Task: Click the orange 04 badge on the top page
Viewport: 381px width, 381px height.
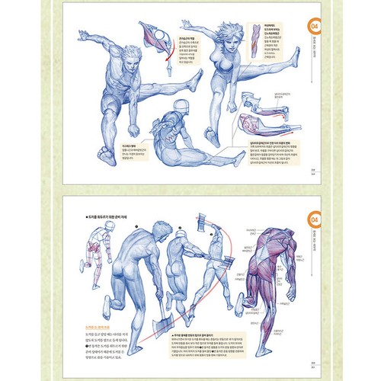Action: (312, 26)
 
